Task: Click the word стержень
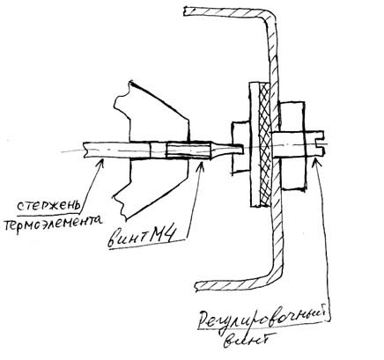point(48,207)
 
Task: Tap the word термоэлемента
point(53,222)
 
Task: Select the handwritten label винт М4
point(142,238)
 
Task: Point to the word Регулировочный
point(262,320)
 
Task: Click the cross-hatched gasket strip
point(265,143)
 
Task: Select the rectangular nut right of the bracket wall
point(293,145)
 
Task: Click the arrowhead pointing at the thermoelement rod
point(100,159)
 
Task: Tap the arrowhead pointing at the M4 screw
point(201,162)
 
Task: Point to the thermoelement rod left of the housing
point(106,150)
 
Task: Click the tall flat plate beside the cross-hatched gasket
point(255,144)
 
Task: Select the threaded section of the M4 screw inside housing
point(188,151)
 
